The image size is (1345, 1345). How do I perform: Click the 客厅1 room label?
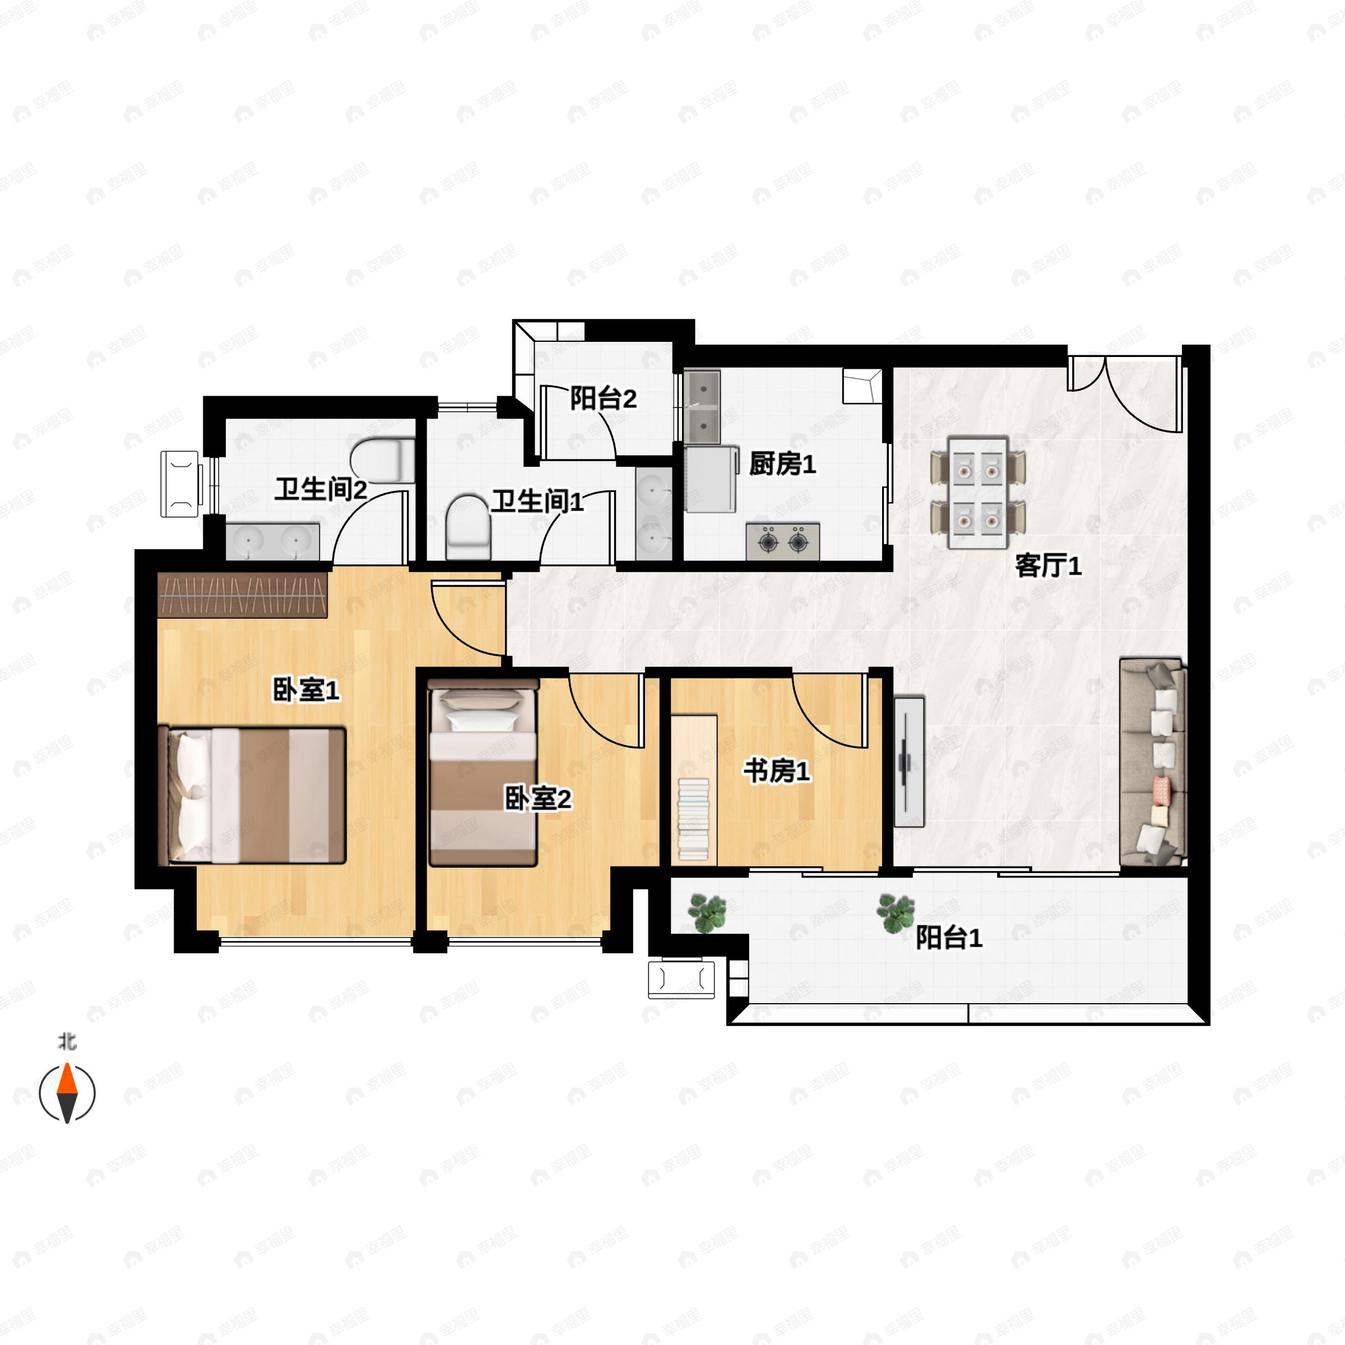pos(1048,566)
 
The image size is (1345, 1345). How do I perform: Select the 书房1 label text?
pos(776,771)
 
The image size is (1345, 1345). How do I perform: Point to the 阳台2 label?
pos(603,398)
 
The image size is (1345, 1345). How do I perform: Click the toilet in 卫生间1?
pos(468,527)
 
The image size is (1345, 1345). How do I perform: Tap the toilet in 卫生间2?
pos(382,460)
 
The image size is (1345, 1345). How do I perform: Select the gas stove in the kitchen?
pos(782,541)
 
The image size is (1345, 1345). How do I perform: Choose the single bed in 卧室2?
pos(484,773)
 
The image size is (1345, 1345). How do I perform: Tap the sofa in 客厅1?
pos(1152,762)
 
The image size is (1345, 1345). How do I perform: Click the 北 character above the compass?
pos(67,1041)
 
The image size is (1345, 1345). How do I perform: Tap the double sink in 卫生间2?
pos(272,541)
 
